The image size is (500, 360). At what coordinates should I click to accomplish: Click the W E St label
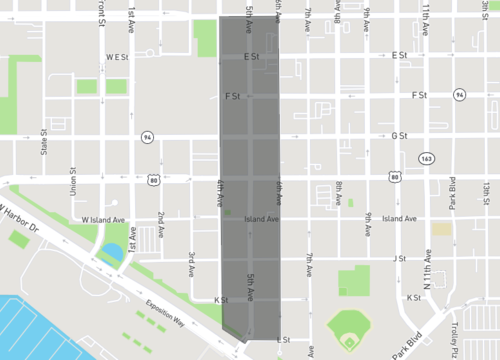pyautogui.click(x=118, y=58)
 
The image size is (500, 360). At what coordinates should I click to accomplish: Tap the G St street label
pyautogui.click(x=400, y=135)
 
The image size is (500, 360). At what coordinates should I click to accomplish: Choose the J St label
pyautogui.click(x=399, y=258)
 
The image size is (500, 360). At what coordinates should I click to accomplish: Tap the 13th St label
pyautogui.click(x=484, y=189)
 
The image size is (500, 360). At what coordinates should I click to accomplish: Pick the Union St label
pyautogui.click(x=73, y=183)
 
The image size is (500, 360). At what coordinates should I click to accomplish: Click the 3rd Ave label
pyautogui.click(x=191, y=262)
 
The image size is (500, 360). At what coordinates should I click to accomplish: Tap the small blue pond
pyautogui.click(x=112, y=251)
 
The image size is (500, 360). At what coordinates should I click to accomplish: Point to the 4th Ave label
pyautogui.click(x=219, y=192)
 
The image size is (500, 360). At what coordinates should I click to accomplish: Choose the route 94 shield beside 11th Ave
pyautogui.click(x=458, y=95)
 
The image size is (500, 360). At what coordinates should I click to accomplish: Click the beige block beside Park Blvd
pyautogui.click(x=441, y=229)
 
